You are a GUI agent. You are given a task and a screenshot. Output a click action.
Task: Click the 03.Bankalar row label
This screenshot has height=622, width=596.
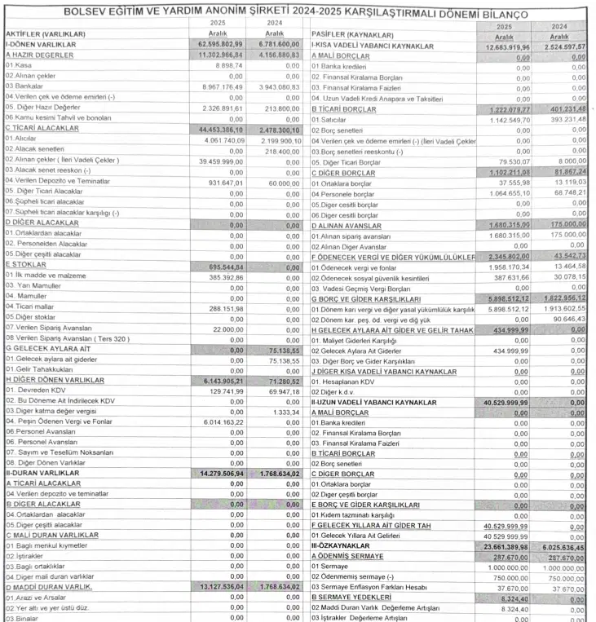click(x=25, y=85)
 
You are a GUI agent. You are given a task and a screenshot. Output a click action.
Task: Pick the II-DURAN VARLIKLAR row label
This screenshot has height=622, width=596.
click(x=42, y=473)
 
